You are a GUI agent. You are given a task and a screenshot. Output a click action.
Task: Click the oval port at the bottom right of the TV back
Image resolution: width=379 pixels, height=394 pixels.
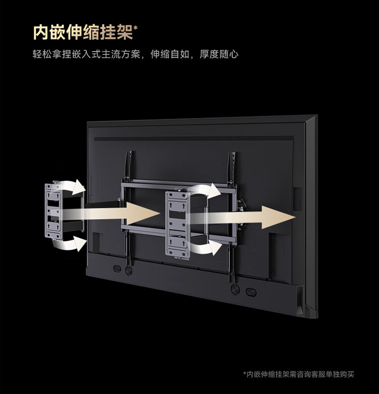click(251, 292)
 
